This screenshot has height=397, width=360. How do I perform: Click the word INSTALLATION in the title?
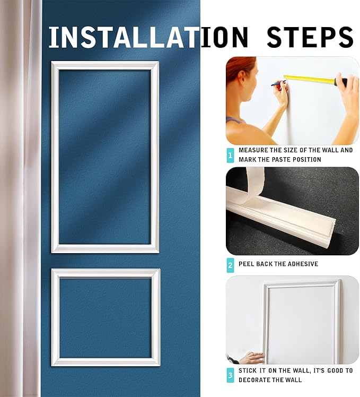pos(148,37)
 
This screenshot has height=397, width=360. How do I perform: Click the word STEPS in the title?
pos(310,37)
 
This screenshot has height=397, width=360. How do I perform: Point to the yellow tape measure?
pos(313,80)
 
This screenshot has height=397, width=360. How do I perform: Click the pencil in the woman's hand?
pos(278,83)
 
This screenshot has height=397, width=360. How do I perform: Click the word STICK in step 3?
pos(248,371)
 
